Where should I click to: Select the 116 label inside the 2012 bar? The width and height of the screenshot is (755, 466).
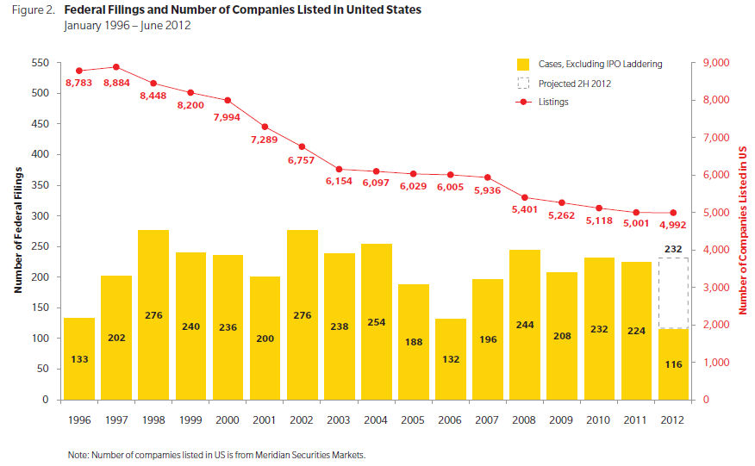(x=674, y=364)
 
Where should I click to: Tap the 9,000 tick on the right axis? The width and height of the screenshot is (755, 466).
(x=715, y=63)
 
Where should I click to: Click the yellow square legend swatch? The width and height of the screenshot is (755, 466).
(x=522, y=65)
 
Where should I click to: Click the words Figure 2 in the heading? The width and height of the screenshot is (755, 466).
(x=30, y=10)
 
